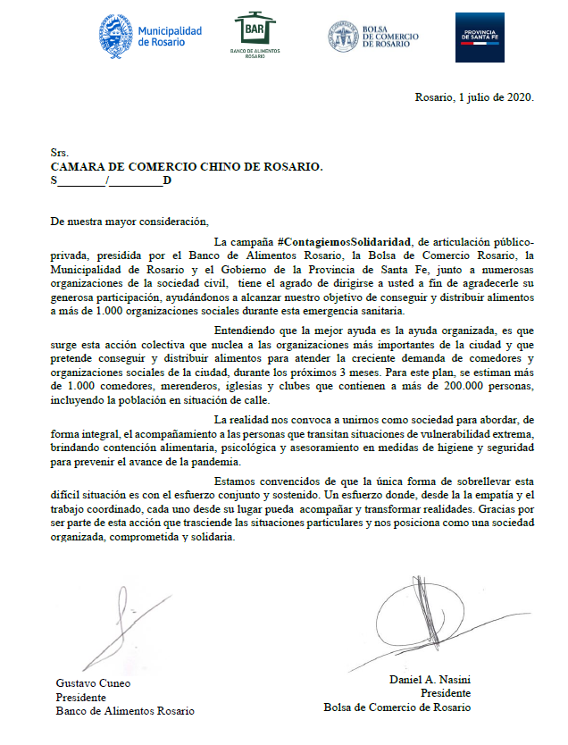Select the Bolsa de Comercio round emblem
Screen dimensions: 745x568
point(342,37)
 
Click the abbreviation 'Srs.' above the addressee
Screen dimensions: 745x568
point(60,154)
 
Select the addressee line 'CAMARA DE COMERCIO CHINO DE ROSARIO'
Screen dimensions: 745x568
point(187,167)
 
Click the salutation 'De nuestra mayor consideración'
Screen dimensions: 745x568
point(128,222)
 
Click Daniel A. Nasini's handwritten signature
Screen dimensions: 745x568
point(420,616)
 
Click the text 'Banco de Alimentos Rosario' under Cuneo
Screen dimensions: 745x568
point(125,711)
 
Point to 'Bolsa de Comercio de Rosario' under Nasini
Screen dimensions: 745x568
point(397,707)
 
